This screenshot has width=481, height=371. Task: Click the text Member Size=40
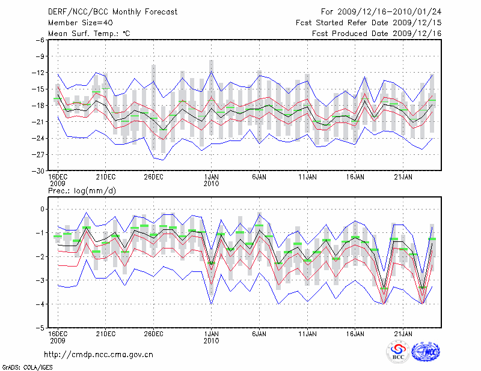pos(76,22)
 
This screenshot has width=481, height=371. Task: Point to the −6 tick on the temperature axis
pos(40,40)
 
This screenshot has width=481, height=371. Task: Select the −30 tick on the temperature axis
pos(38,170)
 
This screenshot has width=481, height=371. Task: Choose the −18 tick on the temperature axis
pos(38,106)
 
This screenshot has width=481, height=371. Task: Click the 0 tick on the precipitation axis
pos(42,209)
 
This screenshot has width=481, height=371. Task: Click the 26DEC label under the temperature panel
pos(153,176)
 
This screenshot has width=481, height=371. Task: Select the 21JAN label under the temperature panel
pos(403,176)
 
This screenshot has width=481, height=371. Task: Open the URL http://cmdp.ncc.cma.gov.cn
pos(99,354)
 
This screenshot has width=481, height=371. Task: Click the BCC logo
pos(398,352)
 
